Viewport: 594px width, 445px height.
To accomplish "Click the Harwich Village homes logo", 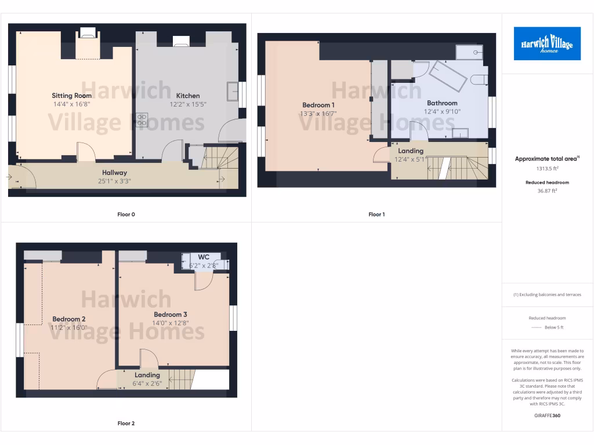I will click(547, 43).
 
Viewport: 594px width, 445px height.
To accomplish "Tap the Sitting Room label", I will click(72, 96).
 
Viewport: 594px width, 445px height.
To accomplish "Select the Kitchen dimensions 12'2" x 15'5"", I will click(188, 105).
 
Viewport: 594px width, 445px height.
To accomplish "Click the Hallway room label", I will click(115, 173).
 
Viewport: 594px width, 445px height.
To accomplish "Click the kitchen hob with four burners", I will click(141, 120).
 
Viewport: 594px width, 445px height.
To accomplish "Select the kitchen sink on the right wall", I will click(233, 91).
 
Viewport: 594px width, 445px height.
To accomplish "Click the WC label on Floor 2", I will click(204, 257).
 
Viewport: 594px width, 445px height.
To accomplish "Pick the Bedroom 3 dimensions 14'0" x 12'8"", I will click(170, 323).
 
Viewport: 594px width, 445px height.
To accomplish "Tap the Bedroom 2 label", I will click(69, 319).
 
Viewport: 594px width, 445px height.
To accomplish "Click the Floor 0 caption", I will click(126, 214).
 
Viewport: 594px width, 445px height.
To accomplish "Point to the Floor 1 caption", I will click(376, 214).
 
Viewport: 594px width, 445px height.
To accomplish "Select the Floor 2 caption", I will click(126, 424).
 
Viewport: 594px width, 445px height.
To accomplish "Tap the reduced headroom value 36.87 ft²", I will click(547, 190).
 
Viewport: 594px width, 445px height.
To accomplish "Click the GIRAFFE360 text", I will click(547, 415).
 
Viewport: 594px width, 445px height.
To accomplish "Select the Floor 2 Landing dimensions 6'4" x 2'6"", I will click(147, 384).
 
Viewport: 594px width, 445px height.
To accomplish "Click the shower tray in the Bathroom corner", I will click(469, 53).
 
